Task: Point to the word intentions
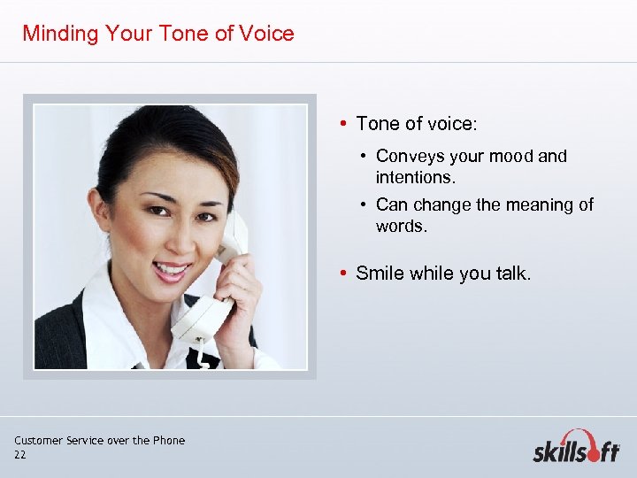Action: click(x=416, y=177)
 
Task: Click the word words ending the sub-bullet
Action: click(x=400, y=226)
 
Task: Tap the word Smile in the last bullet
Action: click(x=380, y=274)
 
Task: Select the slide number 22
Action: click(x=20, y=455)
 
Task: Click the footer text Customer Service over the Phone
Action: click(x=99, y=440)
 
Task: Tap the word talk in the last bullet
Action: click(x=511, y=274)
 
